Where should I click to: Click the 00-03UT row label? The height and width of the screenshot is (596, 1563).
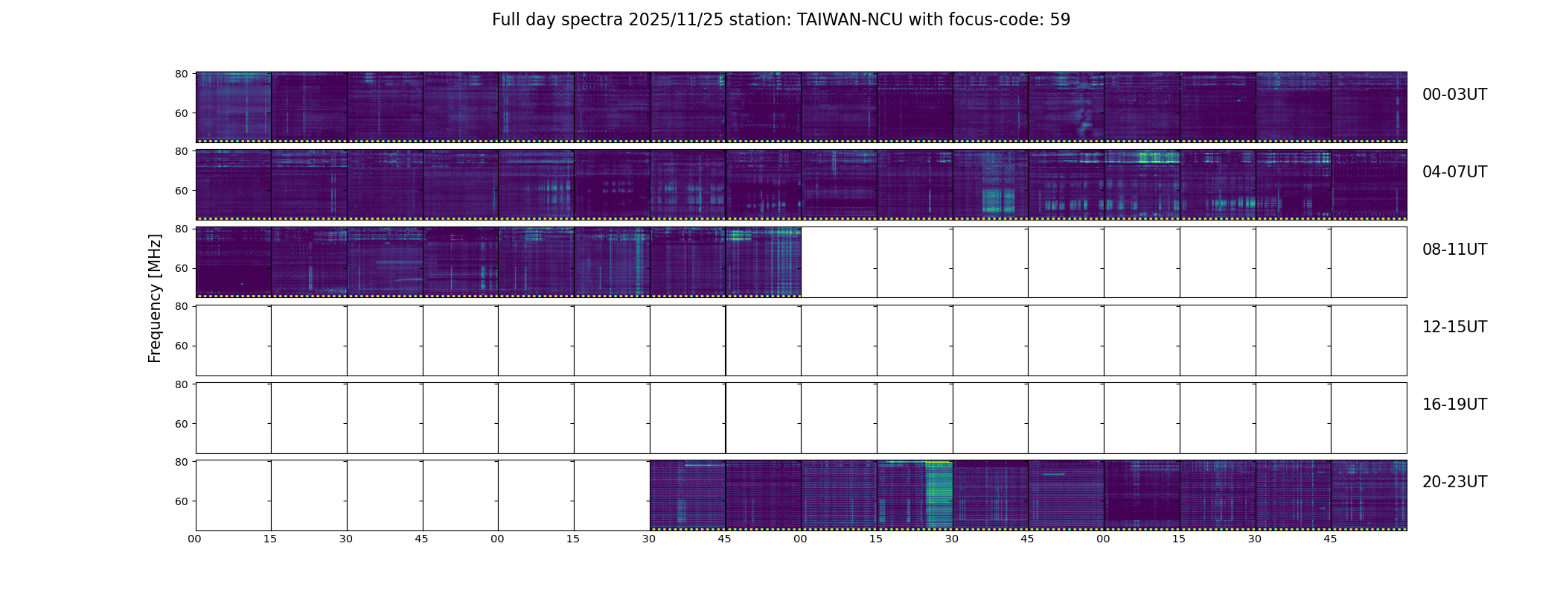pyautogui.click(x=1454, y=95)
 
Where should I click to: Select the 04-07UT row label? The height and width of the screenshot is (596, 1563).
pyautogui.click(x=1454, y=172)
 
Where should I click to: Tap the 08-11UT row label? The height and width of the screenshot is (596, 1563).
pyautogui.click(x=1454, y=250)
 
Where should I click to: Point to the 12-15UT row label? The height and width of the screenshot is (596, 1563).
pyautogui.click(x=1454, y=327)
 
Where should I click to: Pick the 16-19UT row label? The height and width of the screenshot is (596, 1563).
pyautogui.click(x=1454, y=405)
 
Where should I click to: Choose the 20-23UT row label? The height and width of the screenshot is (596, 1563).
pyautogui.click(x=1454, y=482)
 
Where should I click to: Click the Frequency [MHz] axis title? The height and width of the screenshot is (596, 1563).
pyautogui.click(x=155, y=298)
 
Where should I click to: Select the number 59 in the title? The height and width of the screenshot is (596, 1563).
pyautogui.click(x=1060, y=20)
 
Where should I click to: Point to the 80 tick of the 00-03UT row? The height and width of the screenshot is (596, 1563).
pyautogui.click(x=181, y=74)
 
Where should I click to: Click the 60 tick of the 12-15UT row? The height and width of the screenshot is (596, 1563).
pyautogui.click(x=181, y=346)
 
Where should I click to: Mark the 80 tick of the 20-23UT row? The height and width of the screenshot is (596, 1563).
pyautogui.click(x=181, y=462)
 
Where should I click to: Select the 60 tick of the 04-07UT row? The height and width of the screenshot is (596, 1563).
pyautogui.click(x=181, y=191)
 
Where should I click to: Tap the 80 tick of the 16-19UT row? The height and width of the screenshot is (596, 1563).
pyautogui.click(x=181, y=384)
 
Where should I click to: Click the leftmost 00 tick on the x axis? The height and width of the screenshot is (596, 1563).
pyautogui.click(x=195, y=539)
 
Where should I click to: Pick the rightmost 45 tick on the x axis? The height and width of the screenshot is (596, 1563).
pyautogui.click(x=1330, y=539)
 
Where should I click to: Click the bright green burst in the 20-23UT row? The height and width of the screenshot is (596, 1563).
pyautogui.click(x=939, y=492)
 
